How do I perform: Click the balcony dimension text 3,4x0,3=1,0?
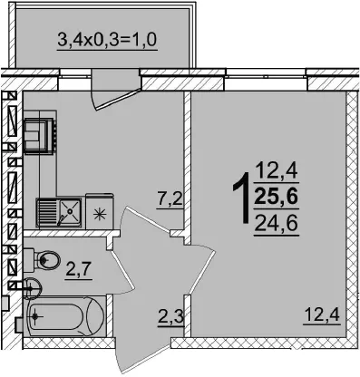[107, 40]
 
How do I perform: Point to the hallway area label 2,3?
[170, 316]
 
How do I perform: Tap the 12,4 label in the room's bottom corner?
[322, 314]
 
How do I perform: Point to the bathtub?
[66, 316]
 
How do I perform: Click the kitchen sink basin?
[70, 211]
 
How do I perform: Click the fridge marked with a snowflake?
[100, 211]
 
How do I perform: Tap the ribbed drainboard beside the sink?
[46, 211]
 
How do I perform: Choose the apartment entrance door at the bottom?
[142, 355]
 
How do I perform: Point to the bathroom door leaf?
[122, 270]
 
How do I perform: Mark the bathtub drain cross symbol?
[35, 316]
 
